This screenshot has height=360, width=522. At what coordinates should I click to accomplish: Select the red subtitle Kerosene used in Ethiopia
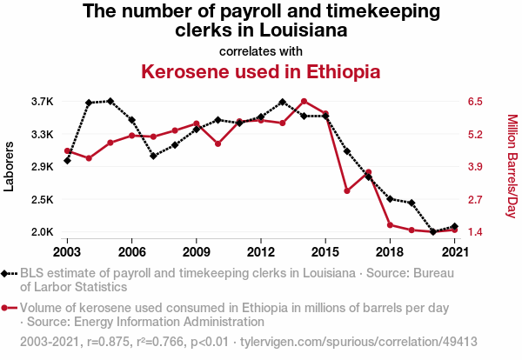(x=261, y=70)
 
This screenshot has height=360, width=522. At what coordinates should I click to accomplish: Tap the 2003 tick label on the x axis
(x=67, y=251)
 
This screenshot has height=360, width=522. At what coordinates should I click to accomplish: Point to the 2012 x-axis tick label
(x=260, y=251)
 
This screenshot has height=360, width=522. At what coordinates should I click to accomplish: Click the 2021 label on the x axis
(x=454, y=251)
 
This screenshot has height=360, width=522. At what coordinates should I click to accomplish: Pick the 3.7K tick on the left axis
(x=42, y=102)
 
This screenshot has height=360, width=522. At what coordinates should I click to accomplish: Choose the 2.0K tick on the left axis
(x=42, y=232)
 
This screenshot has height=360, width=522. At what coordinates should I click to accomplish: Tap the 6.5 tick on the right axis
(x=474, y=102)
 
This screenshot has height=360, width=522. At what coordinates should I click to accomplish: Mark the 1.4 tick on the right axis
(x=474, y=232)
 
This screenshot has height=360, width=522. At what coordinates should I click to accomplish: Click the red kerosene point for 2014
(x=304, y=102)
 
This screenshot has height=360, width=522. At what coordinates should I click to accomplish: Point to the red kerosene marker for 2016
(x=346, y=190)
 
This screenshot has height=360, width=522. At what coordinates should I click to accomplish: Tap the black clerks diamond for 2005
(x=110, y=101)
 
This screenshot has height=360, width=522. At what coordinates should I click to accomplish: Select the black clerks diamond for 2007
(x=153, y=157)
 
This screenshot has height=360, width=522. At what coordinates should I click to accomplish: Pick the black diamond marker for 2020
(x=433, y=232)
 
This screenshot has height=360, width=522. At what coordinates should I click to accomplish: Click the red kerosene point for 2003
(x=67, y=151)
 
